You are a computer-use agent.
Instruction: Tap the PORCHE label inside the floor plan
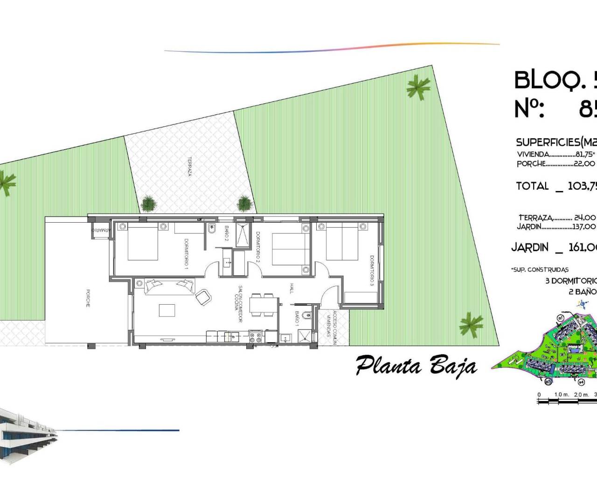pyautogui.click(x=88, y=298)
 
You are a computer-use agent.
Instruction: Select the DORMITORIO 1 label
pyautogui.click(x=186, y=253)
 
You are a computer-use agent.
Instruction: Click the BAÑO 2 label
pyautogui.click(x=227, y=233)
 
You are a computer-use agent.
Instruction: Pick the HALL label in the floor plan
pyautogui.click(x=292, y=288)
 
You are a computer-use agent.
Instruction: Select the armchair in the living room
pyautogui.click(x=203, y=297)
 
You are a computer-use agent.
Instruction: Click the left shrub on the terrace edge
pyautogui.click(x=148, y=203)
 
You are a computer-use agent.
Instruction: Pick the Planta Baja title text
pyautogui.click(x=416, y=366)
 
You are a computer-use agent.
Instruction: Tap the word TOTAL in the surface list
pyautogui.click(x=532, y=186)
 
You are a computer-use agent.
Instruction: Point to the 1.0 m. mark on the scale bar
pyautogui.click(x=562, y=395)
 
